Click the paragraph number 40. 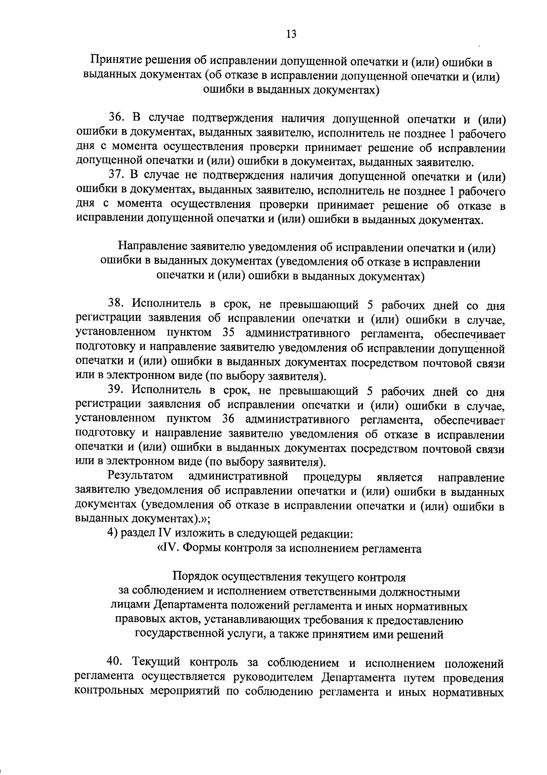tap(115, 661)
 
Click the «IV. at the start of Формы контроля tap(168, 548)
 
